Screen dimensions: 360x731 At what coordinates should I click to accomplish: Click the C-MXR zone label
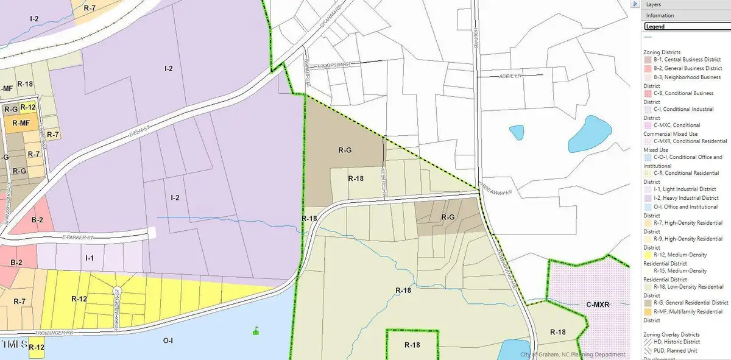click(x=598, y=305)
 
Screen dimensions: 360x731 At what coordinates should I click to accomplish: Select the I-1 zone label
click(x=89, y=258)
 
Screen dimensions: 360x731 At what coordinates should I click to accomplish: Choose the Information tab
click(x=660, y=15)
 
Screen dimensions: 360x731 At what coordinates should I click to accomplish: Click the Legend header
click(x=655, y=27)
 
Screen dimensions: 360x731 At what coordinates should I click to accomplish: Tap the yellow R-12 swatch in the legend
click(x=648, y=255)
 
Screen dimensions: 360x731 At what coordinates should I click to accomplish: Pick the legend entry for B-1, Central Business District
click(x=687, y=60)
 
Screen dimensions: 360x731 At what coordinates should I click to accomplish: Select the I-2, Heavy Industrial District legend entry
click(x=686, y=198)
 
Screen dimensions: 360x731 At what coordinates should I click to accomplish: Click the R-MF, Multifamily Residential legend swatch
click(x=648, y=312)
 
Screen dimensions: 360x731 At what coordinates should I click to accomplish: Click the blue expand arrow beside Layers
click(x=636, y=4)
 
